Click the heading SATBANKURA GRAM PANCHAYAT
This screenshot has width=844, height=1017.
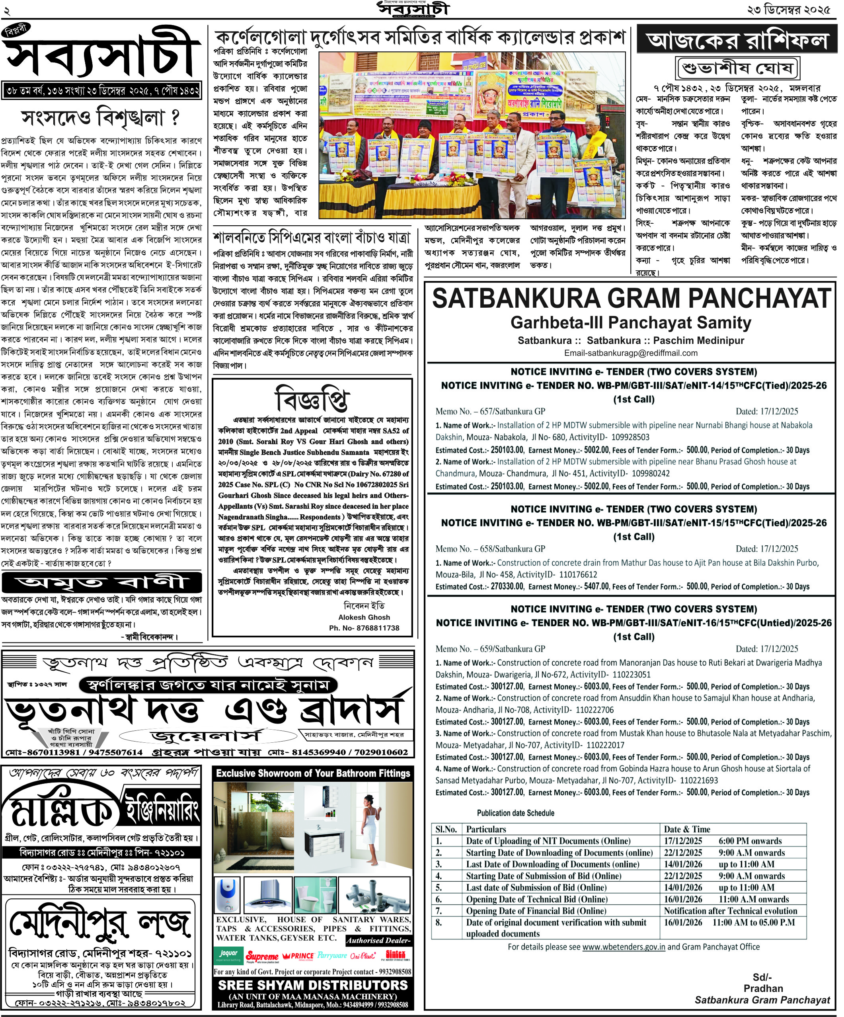631,298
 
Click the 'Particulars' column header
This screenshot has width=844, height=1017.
486,829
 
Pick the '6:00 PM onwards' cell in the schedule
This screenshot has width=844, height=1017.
750,841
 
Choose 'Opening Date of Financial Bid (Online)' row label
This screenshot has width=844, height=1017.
536,910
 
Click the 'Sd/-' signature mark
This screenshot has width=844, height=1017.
762,977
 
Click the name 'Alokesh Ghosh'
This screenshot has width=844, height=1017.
364,617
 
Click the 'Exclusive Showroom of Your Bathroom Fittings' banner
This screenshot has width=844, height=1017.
313,773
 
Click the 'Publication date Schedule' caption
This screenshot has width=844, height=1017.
515,813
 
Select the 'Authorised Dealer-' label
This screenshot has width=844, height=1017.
378,941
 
